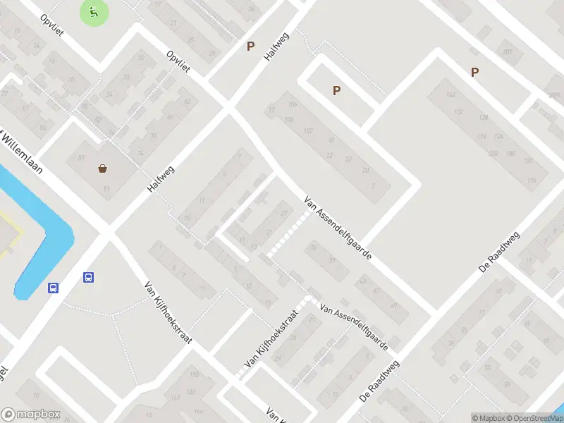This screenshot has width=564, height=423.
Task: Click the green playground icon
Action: click(94, 11)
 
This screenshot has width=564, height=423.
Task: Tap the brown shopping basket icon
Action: click(103, 168)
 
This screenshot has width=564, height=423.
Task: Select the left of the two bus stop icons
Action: click(53, 288)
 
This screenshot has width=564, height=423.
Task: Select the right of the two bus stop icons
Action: click(89, 278)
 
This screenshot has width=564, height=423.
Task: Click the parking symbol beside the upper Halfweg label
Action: click(250, 47)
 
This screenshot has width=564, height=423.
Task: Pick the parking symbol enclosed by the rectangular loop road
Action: click(336, 90)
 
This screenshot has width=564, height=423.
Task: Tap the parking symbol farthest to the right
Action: click(474, 71)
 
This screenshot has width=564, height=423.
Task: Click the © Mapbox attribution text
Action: click(489, 418)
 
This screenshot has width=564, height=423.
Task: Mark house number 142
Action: click(451, 94)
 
